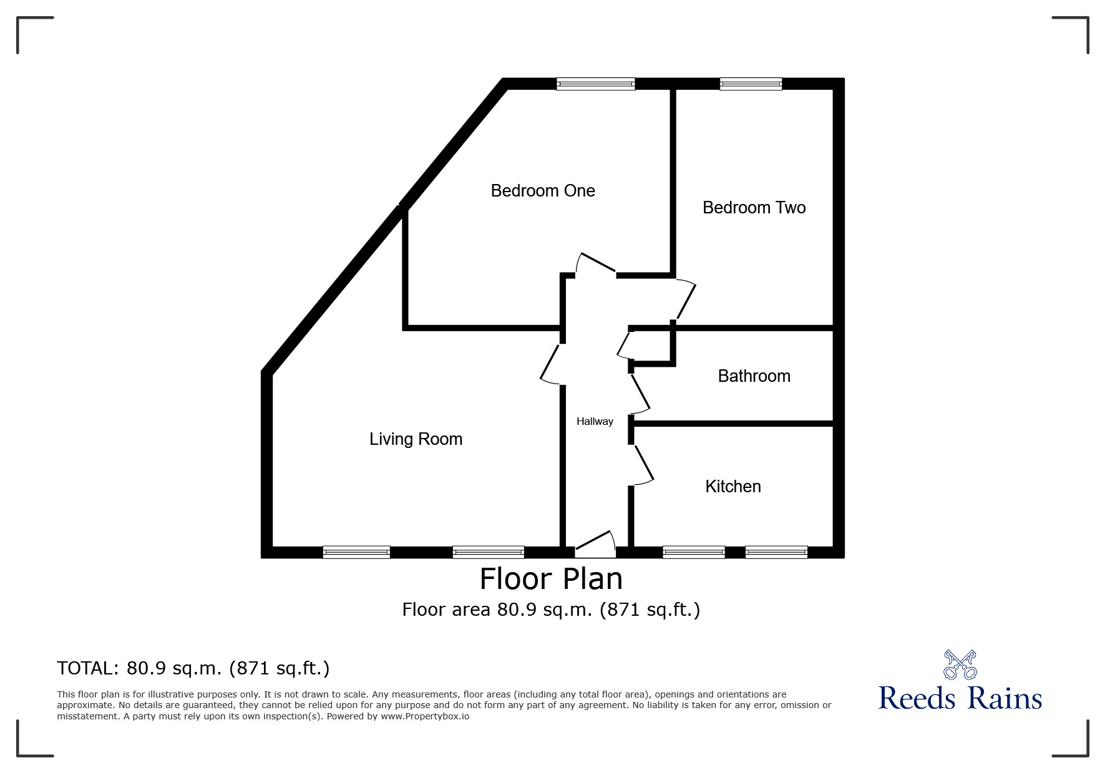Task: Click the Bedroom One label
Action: pos(543,191)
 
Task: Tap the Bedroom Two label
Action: pos(754,208)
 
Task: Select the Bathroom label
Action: pos(754,376)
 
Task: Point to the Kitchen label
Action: pos(733,487)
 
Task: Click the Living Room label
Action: pos(416,439)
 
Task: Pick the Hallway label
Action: pos(595,422)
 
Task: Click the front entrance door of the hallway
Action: pos(595,545)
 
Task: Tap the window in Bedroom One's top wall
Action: pos(595,84)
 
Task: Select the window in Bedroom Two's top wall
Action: pos(751,84)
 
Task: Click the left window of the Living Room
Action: pos(356,552)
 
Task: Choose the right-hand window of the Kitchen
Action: pos(776,552)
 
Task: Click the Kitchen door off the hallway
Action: pos(643,464)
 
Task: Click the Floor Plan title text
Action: pos(551,579)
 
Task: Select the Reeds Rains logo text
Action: pos(960,698)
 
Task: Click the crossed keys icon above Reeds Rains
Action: pos(960,664)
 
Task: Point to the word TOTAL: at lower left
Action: pos(87,669)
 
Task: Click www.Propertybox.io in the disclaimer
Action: pos(424,716)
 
